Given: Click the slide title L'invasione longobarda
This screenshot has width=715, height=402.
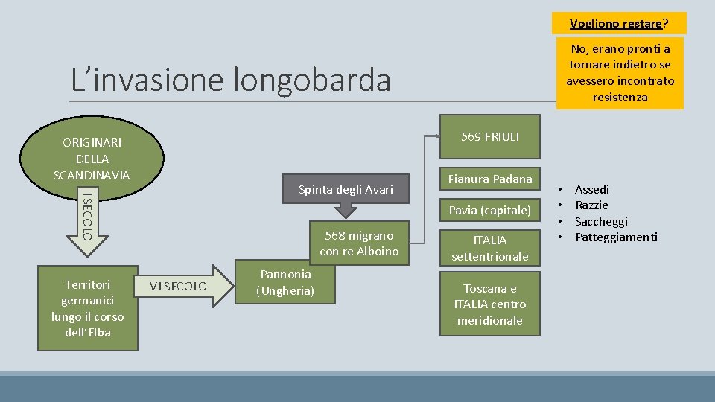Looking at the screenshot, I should pyautogui.click(x=230, y=80).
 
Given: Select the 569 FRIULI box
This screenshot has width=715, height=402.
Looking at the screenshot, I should pyautogui.click(x=489, y=136).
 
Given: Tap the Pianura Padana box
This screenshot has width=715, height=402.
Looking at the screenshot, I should pyautogui.click(x=489, y=179).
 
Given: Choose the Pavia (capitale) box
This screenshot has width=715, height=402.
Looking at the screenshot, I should pyautogui.click(x=489, y=211).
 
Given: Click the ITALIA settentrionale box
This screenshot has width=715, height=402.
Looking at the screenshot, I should pyautogui.click(x=489, y=248).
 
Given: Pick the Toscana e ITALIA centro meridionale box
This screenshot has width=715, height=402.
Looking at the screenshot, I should pyautogui.click(x=489, y=304).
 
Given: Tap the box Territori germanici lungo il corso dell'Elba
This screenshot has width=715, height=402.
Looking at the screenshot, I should pyautogui.click(x=88, y=307).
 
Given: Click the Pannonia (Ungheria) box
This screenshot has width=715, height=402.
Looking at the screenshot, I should pyautogui.click(x=285, y=283).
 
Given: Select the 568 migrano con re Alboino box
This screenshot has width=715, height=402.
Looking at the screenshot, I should pyautogui.click(x=359, y=243).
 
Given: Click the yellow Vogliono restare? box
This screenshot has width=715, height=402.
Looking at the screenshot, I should pyautogui.click(x=619, y=23).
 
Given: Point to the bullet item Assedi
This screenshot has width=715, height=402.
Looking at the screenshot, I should pyautogui.click(x=592, y=189).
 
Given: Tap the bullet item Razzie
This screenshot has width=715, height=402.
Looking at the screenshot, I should pyautogui.click(x=591, y=205).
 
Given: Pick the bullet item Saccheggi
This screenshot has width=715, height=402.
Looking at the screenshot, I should pyautogui.click(x=601, y=221).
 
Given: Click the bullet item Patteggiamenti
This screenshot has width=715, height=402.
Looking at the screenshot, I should pyautogui.click(x=616, y=237).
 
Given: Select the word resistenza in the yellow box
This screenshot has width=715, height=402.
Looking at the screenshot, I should pyautogui.click(x=620, y=97).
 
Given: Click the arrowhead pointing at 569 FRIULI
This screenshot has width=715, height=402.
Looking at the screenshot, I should pyautogui.click(x=437, y=136).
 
